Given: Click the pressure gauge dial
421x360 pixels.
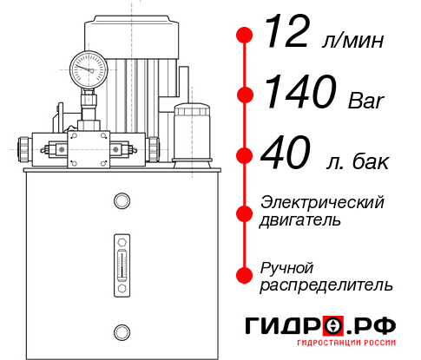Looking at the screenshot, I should (89, 66).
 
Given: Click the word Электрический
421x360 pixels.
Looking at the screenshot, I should (322, 202).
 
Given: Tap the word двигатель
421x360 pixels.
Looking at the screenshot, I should (300, 221).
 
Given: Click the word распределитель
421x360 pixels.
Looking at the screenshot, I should (326, 285).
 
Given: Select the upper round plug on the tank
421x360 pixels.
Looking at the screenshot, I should (121, 201).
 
